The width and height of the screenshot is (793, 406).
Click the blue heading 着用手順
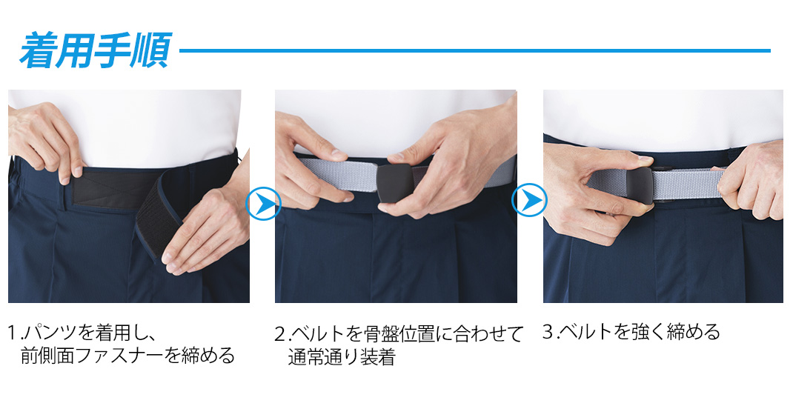coord(96,50)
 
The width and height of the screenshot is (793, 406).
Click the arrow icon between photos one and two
coord(263,203)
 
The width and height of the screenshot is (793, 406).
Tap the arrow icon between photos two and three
coord(529,200)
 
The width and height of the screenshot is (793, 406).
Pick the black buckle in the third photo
coord(640,186)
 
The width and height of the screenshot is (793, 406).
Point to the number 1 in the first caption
coord(12,333)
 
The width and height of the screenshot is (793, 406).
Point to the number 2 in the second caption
coord(280,334)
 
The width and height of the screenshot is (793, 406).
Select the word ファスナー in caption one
coord(123,356)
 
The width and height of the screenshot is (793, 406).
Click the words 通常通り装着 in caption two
coord(342,357)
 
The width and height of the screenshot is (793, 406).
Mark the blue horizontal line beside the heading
coord(475,50)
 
